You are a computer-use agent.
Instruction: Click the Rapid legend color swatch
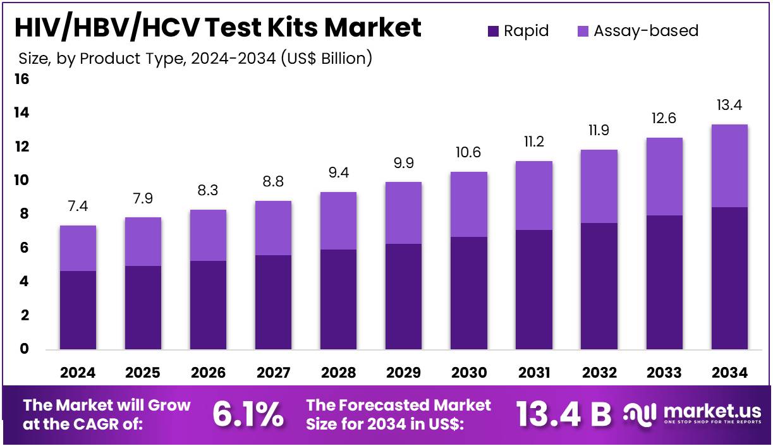pos(493,31)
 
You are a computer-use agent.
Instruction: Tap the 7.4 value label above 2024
pos(78,207)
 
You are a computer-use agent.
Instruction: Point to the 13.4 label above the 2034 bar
pos(729,105)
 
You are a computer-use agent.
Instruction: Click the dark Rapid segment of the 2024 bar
pos(78,310)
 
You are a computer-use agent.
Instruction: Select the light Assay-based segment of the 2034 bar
pos(729,166)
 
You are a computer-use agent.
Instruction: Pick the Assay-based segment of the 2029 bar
pos(403,213)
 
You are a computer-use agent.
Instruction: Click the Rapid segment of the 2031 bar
pos(533,289)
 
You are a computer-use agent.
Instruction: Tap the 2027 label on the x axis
pos(273,373)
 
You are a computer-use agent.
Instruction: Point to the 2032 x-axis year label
pos(599,373)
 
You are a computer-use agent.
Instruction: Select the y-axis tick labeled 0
pos(23,349)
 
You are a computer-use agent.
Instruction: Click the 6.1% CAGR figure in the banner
pos(247,415)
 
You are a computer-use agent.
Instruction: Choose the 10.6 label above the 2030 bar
pos(468,153)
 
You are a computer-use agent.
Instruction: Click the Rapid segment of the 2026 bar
pos(208,305)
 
